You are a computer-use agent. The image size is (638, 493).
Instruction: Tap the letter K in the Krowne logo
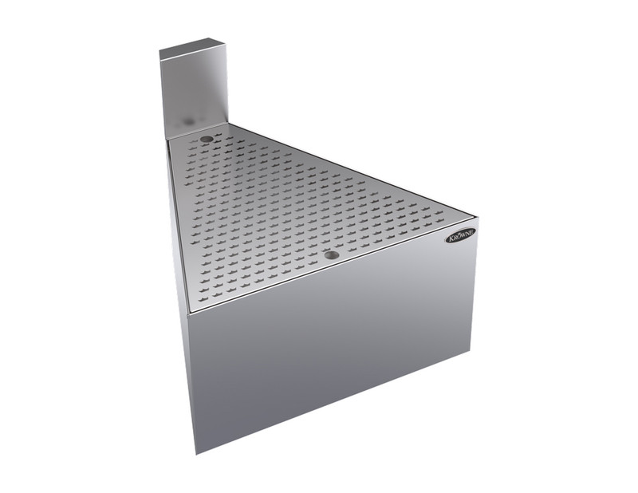coord(451,239)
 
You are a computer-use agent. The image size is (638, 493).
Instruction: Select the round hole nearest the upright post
coord(207,140)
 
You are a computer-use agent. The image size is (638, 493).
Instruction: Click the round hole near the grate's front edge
coord(332,255)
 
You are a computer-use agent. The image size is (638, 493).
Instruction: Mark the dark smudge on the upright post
coord(187,120)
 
